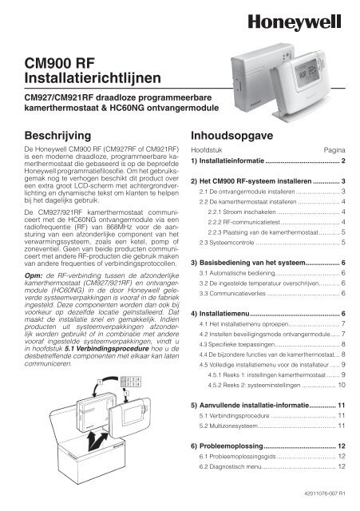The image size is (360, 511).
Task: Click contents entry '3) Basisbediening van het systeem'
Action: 255,263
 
